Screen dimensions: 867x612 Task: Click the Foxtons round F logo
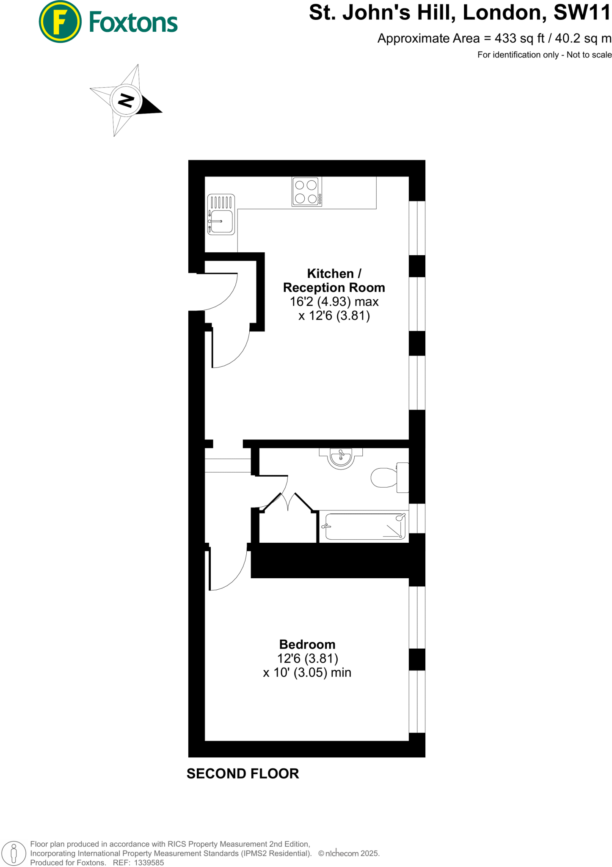[60, 22]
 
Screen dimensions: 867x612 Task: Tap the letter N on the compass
[126, 100]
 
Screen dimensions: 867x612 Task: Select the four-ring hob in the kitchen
[306, 192]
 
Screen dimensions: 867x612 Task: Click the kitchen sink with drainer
[221, 215]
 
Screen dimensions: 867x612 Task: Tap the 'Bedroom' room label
[307, 644]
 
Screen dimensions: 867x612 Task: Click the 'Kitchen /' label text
[334, 273]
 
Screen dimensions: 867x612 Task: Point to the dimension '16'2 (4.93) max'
[334, 301]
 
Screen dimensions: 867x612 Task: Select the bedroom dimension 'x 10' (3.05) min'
[307, 672]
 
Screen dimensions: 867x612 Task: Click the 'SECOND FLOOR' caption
[243, 773]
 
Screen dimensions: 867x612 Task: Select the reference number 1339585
[149, 862]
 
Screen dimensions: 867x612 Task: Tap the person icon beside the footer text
[14, 853]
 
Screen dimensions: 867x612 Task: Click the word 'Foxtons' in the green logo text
[133, 23]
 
